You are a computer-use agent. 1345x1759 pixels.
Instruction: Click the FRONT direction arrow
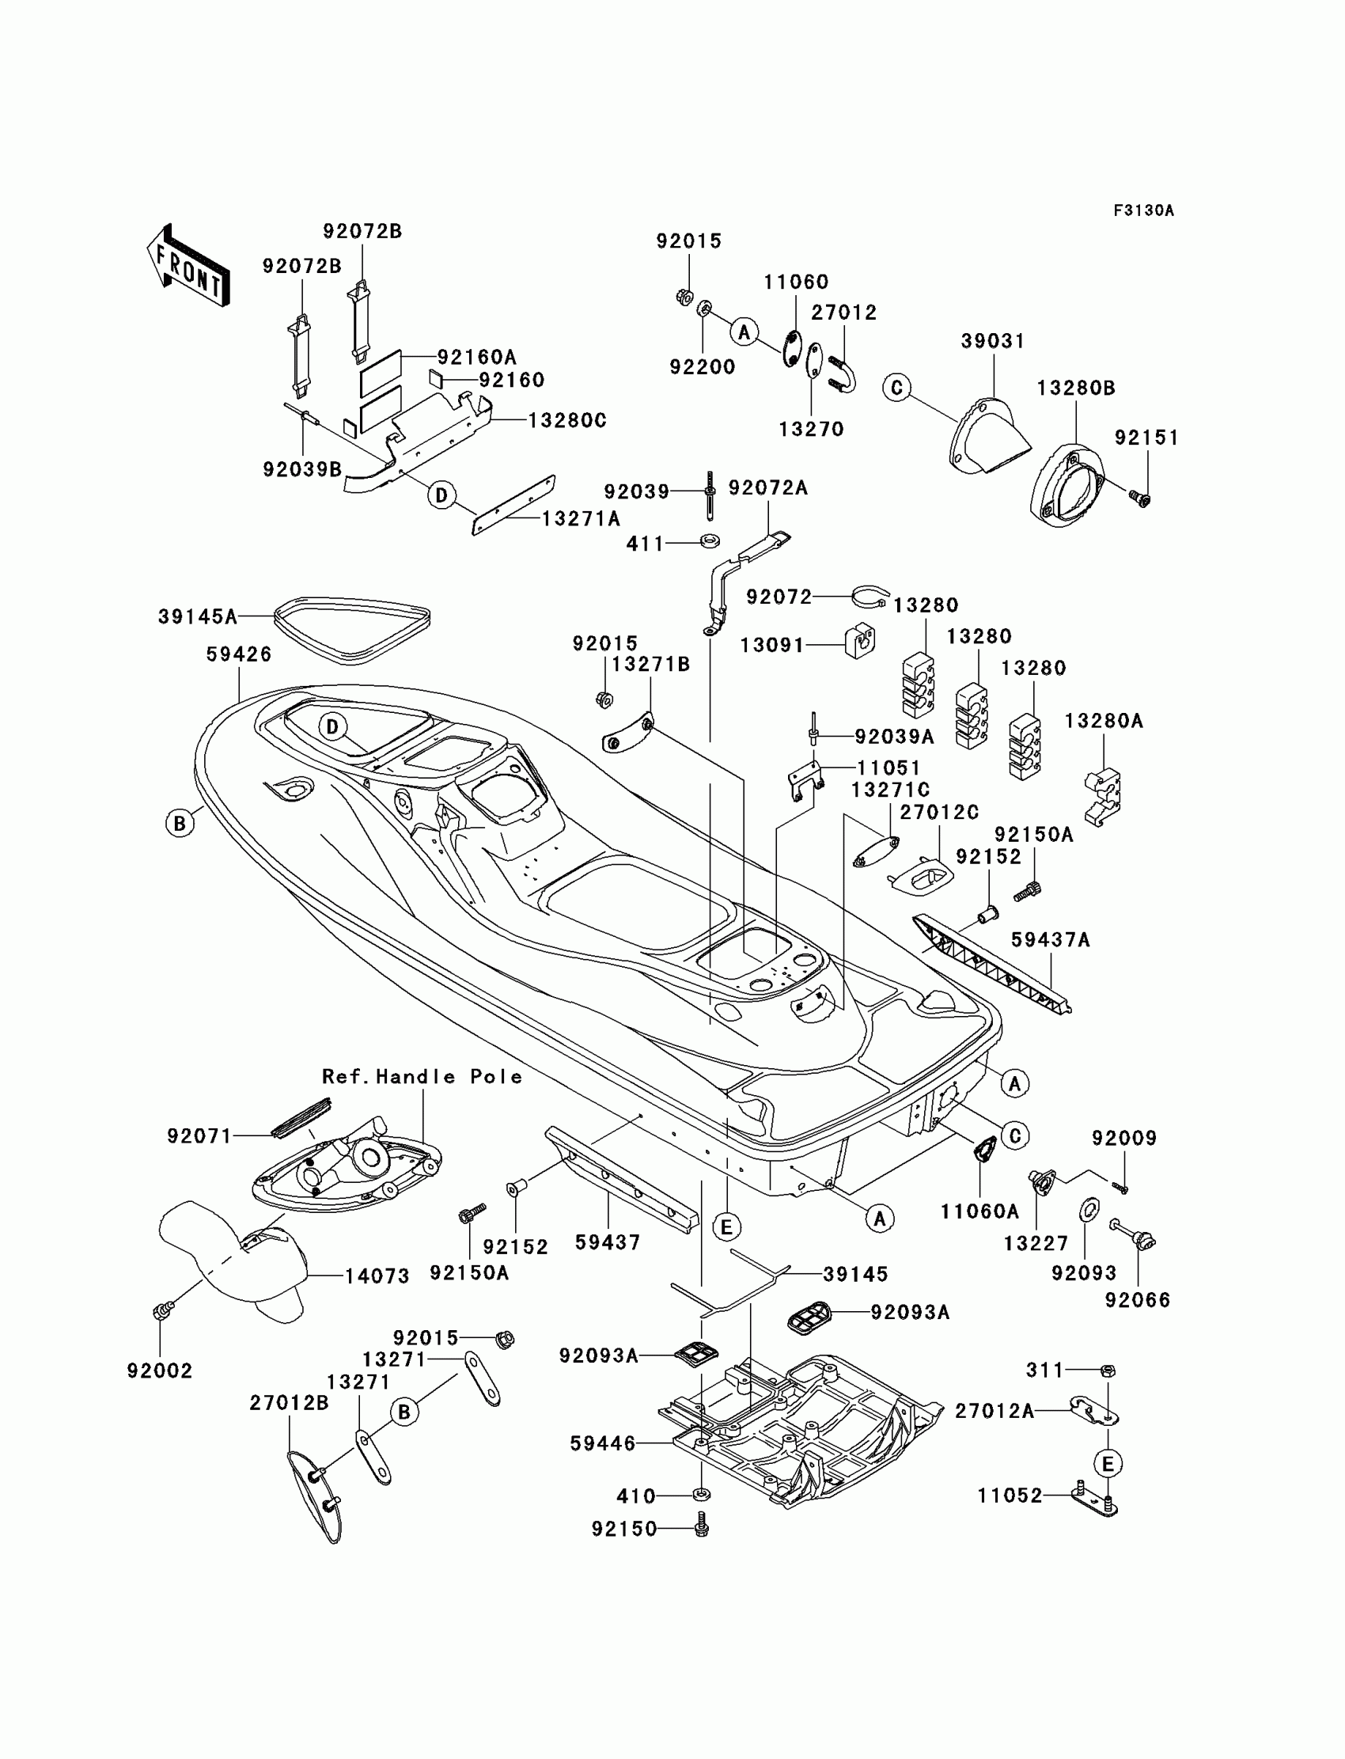189,266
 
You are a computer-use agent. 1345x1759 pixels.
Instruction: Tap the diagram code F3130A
1143,210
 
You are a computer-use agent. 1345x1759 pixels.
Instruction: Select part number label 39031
993,341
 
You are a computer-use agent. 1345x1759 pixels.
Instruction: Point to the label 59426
239,654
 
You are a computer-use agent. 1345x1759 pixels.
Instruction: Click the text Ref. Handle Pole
422,1076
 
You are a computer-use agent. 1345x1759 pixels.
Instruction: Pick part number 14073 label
377,1276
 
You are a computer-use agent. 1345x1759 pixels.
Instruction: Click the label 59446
602,1442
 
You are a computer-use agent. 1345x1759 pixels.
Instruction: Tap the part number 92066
1138,1299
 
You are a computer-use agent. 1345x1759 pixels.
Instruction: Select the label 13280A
1104,721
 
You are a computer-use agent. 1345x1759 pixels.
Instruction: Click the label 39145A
198,616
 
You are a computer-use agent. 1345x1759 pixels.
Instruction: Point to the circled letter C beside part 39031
896,389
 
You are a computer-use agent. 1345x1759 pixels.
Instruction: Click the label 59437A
1051,939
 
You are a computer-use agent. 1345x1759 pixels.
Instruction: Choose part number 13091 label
771,645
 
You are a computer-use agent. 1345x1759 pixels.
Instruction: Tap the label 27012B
289,1403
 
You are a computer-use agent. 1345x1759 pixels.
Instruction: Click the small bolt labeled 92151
1141,499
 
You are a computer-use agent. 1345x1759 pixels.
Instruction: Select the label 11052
1010,1496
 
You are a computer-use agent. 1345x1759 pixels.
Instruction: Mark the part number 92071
199,1135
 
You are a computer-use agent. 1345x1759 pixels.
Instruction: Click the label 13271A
582,519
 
